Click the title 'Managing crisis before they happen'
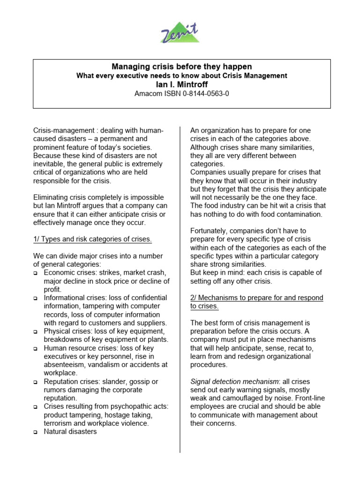[x=181, y=67]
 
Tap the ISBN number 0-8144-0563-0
[x=206, y=94]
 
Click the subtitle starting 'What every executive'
[x=181, y=76]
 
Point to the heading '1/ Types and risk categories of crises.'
[x=93, y=239]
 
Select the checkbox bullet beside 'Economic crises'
[x=36, y=273]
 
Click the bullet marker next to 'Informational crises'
[x=36, y=298]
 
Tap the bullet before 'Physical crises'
[x=36, y=332]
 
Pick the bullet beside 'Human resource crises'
[x=36, y=349]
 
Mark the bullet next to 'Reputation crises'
[x=36, y=382]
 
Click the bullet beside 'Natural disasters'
[x=36, y=433]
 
